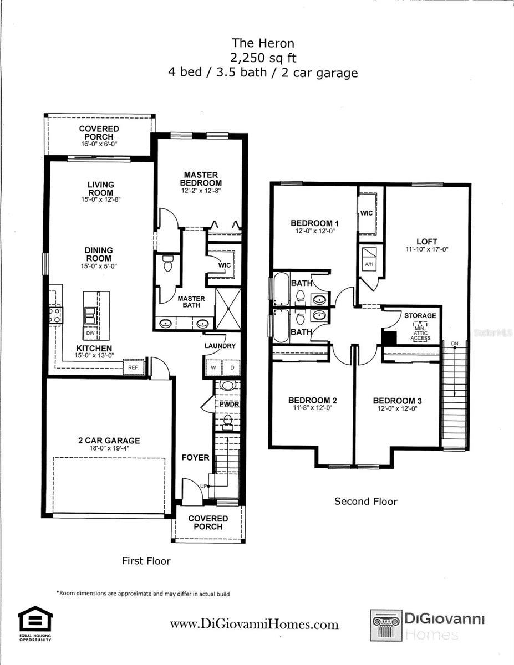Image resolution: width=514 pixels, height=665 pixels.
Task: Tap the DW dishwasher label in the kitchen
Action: (89, 334)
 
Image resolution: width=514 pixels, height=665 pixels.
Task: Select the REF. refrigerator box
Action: (134, 367)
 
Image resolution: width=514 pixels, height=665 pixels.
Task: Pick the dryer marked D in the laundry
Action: (232, 367)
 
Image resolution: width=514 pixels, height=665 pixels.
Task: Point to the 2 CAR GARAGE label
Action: (109, 441)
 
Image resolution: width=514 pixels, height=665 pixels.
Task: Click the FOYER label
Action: (196, 458)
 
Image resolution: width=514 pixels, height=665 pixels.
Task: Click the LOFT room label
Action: (427, 242)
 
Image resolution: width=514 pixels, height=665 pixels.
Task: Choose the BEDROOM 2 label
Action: (313, 401)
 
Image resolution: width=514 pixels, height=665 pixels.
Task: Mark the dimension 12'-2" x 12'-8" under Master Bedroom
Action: (201, 191)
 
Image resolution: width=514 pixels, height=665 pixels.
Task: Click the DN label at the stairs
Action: (455, 344)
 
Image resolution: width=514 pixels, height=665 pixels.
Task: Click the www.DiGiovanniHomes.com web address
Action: (254, 625)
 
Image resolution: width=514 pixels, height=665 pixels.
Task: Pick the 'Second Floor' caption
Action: (365, 502)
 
